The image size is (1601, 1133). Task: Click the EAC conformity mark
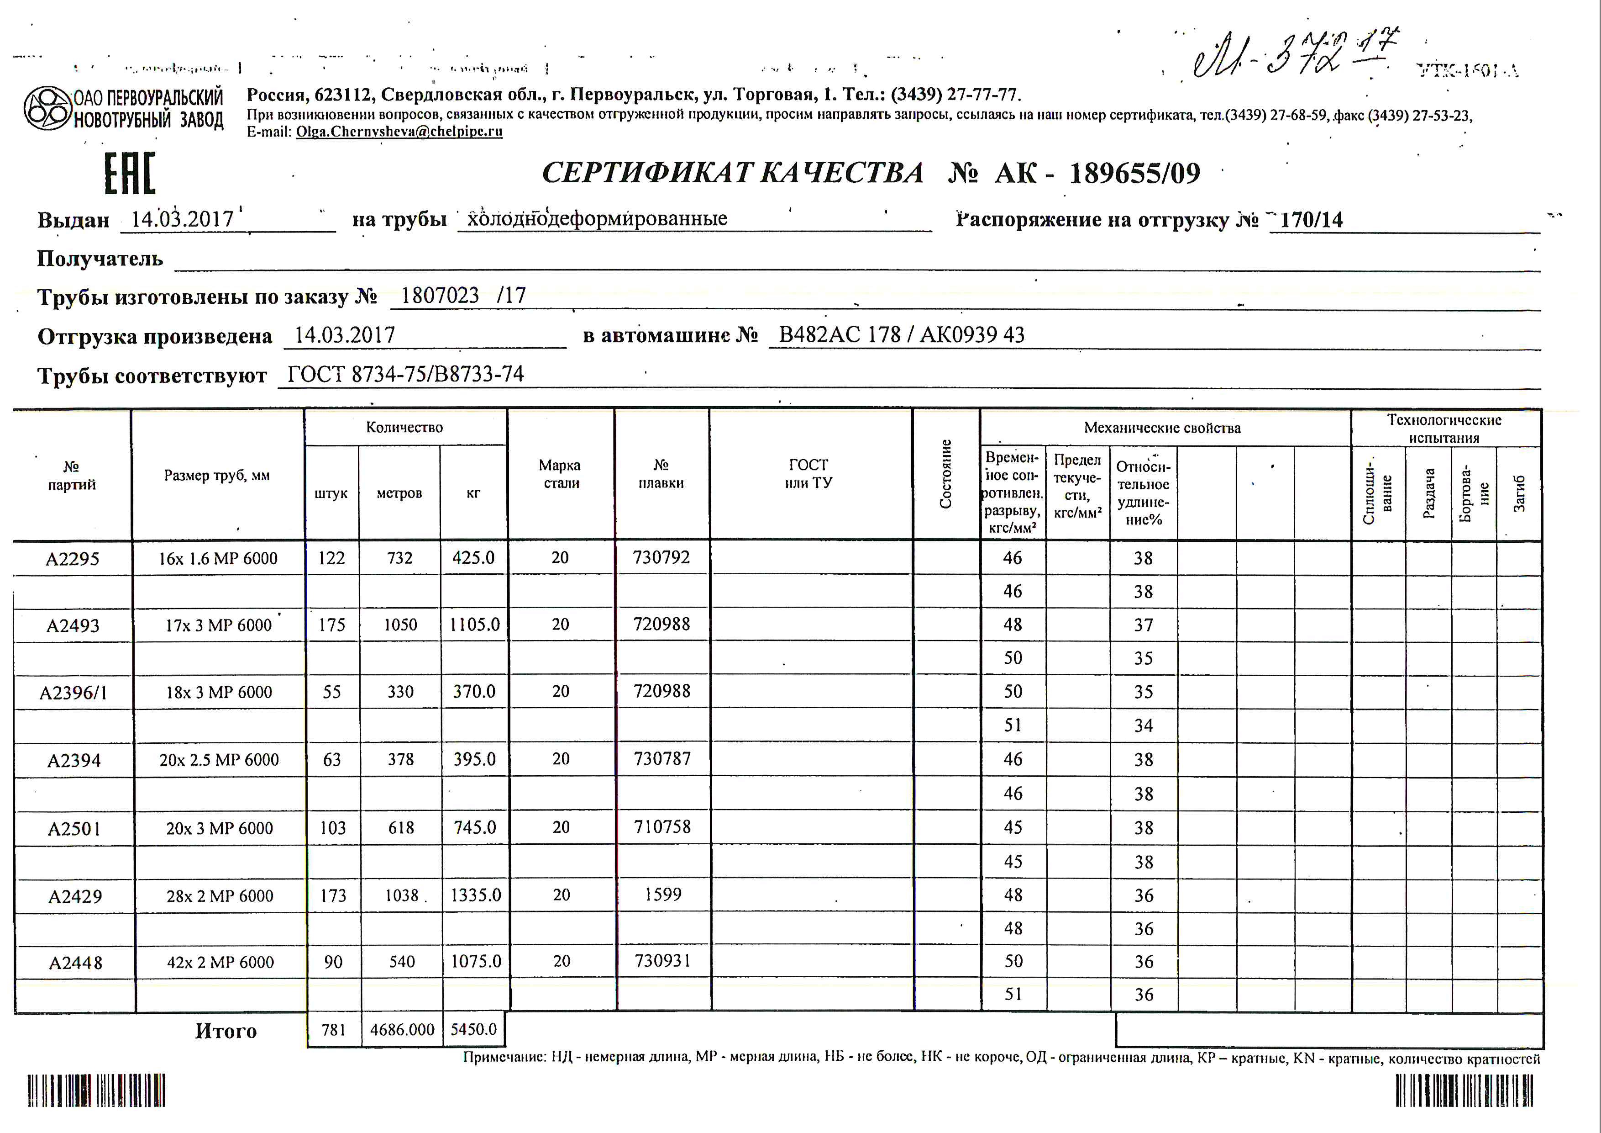[x=130, y=173]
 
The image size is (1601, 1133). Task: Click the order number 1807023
[x=440, y=296]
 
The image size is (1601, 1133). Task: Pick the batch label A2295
[x=73, y=559]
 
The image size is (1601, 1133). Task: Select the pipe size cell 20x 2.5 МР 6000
[x=219, y=760]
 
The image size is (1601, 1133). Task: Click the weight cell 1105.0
[x=474, y=625]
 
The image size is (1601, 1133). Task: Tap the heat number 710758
[x=662, y=827]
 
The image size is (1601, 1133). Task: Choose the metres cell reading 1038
[x=402, y=895]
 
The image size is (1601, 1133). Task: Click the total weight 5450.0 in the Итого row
[x=473, y=1029]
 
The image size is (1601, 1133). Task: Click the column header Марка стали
[x=560, y=474]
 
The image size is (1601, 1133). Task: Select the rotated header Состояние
[x=945, y=474]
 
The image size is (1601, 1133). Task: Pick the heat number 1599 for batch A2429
[x=662, y=895]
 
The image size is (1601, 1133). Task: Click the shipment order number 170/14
[x=1311, y=220]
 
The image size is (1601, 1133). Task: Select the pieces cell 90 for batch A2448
[x=333, y=962]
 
